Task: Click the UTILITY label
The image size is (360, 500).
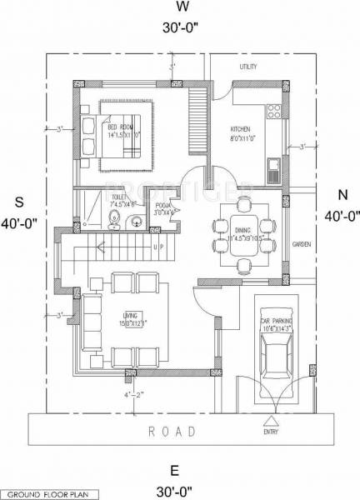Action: [x=248, y=66]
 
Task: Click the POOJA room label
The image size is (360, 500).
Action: [x=162, y=204]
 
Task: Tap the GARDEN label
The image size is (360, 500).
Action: [x=301, y=244]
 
